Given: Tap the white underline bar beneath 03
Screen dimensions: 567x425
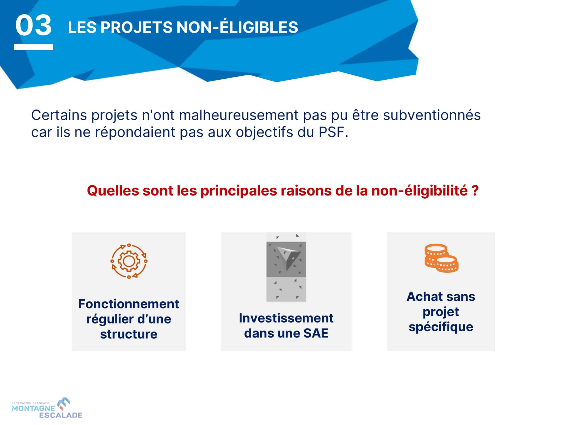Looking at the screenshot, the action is tap(34, 47).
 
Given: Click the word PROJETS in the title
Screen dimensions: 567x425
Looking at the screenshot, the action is tap(137, 27).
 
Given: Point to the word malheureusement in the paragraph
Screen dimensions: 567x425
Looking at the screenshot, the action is tap(239, 115).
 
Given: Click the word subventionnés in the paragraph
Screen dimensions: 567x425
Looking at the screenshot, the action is tap(432, 115).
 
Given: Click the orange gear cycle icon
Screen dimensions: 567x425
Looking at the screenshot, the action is tap(129, 261).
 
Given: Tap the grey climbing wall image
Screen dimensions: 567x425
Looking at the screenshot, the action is tap(286, 267).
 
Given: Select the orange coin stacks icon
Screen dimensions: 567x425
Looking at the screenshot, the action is tap(441, 258).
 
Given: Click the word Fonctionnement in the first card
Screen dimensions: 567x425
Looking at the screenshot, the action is tap(129, 304).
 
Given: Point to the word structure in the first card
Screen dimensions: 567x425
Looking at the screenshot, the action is tap(129, 334).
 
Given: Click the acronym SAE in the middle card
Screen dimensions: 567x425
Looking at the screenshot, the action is tap(316, 333).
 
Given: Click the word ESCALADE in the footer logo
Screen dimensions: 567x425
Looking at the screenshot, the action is tap(61, 415).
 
